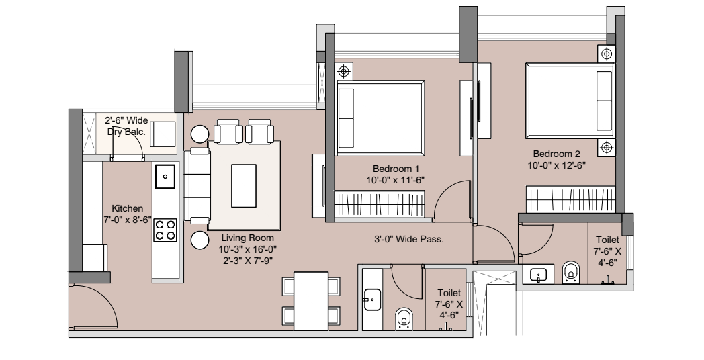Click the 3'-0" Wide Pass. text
tap(408, 238)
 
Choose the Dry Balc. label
tap(121, 126)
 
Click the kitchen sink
tap(165, 177)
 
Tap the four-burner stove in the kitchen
tap(165, 230)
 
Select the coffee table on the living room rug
tap(243, 185)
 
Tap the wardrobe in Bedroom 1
tap(380, 202)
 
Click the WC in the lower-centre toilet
tap(403, 319)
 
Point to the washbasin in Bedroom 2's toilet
tap(538, 274)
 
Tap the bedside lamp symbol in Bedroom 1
tap(344, 71)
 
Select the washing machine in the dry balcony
tap(163, 132)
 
